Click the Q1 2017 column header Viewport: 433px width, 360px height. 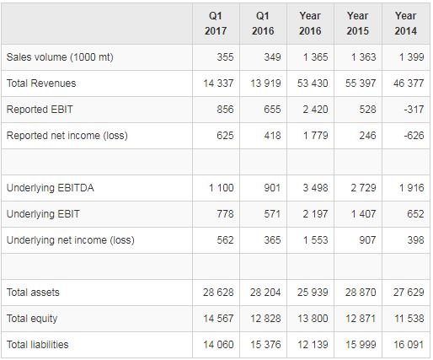pyautogui.click(x=216, y=24)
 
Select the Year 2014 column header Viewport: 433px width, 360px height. pyautogui.click(x=406, y=24)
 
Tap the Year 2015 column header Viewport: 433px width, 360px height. pyautogui.click(x=358, y=24)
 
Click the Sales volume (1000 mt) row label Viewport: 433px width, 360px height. pyautogui.click(x=60, y=57)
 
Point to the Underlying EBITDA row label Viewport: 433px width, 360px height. pyautogui.click(x=51, y=188)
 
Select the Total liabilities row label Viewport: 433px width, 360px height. pyautogui.click(x=37, y=345)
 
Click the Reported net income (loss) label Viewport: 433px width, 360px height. pyautogui.click(x=67, y=136)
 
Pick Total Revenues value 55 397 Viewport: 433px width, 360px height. pyautogui.click(x=361, y=83)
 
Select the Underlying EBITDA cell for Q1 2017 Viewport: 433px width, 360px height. pyautogui.click(x=222, y=188)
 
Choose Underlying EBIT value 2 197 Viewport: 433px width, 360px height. pyautogui.click(x=315, y=214)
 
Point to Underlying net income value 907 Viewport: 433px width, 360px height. pyautogui.click(x=367, y=240)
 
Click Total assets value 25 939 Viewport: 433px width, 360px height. pyautogui.click(x=313, y=293)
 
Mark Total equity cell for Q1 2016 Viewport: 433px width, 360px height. pyautogui.click(x=265, y=319)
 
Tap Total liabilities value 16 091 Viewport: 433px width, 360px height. pyautogui.click(x=409, y=345)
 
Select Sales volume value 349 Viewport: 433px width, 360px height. pyautogui.click(x=272, y=57)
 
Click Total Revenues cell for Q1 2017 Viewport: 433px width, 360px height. pyautogui.click(x=218, y=83)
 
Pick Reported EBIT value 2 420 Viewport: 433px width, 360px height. pyautogui.click(x=315, y=110)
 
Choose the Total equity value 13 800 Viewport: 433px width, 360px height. pyautogui.click(x=313, y=319)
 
